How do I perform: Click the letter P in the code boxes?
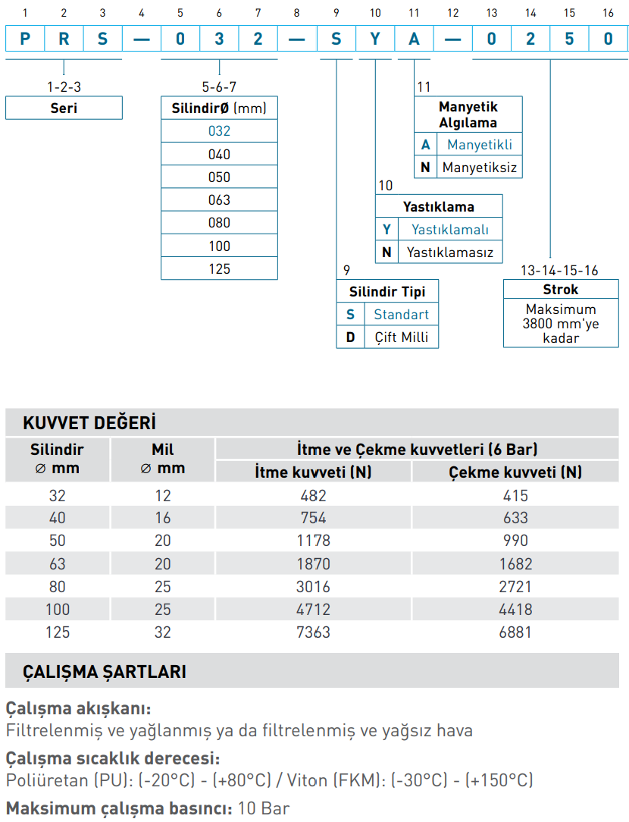pyautogui.click(x=25, y=39)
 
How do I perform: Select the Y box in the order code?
pyautogui.click(x=375, y=39)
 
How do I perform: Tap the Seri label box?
pyautogui.click(x=64, y=108)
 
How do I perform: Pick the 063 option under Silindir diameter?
pyautogui.click(x=219, y=200)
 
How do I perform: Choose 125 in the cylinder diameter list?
pyautogui.click(x=219, y=268)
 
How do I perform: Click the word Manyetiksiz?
pyautogui.click(x=480, y=167)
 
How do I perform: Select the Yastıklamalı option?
pyautogui.click(x=450, y=229)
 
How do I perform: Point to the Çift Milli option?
pyautogui.click(x=401, y=337)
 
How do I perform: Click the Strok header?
pyautogui.click(x=560, y=290)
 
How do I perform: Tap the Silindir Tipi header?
pyautogui.click(x=387, y=292)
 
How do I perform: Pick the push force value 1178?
pyautogui.click(x=313, y=541)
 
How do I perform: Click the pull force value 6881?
pyautogui.click(x=515, y=632)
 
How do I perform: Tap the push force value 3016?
pyautogui.click(x=313, y=586)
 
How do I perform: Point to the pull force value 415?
pyautogui.click(x=515, y=495)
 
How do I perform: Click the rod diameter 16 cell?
pyautogui.click(x=162, y=518)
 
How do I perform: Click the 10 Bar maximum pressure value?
pyautogui.click(x=264, y=808)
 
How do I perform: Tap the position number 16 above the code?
pyautogui.click(x=608, y=13)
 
